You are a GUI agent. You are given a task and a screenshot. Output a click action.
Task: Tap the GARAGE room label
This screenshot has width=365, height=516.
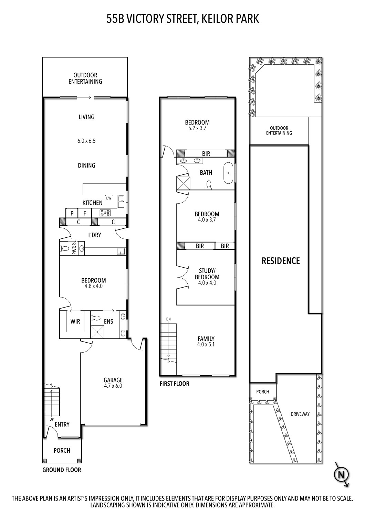click(113, 380)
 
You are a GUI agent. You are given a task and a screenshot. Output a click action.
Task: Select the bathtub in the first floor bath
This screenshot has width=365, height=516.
click(228, 173)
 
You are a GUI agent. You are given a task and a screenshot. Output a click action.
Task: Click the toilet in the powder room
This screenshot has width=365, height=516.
click(64, 248)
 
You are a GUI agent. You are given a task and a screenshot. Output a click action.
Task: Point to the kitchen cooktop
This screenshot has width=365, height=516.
click(105, 213)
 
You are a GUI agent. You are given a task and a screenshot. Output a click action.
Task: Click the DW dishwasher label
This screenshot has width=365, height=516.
click(109, 198)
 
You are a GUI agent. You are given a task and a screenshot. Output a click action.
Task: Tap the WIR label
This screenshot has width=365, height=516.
click(75, 322)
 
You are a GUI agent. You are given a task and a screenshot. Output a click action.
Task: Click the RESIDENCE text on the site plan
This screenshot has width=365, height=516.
click(281, 261)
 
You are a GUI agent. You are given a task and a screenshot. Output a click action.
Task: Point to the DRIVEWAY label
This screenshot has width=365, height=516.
click(300, 414)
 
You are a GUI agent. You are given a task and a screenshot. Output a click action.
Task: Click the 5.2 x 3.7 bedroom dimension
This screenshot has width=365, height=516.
click(197, 128)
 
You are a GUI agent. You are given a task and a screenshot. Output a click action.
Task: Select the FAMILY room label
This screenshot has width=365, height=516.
click(206, 338)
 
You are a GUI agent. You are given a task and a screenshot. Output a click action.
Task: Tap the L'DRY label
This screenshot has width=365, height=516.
click(94, 235)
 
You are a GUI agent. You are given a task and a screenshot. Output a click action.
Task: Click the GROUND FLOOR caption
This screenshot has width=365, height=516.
click(62, 470)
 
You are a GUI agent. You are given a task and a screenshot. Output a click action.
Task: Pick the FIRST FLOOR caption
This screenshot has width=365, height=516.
click(174, 384)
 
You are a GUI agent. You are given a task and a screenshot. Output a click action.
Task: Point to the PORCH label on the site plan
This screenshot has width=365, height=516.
click(263, 391)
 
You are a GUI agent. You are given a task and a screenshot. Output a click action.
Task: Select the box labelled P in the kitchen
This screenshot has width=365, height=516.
click(72, 213)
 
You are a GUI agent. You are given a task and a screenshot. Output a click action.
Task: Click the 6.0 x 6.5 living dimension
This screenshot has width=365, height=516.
click(86, 141)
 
